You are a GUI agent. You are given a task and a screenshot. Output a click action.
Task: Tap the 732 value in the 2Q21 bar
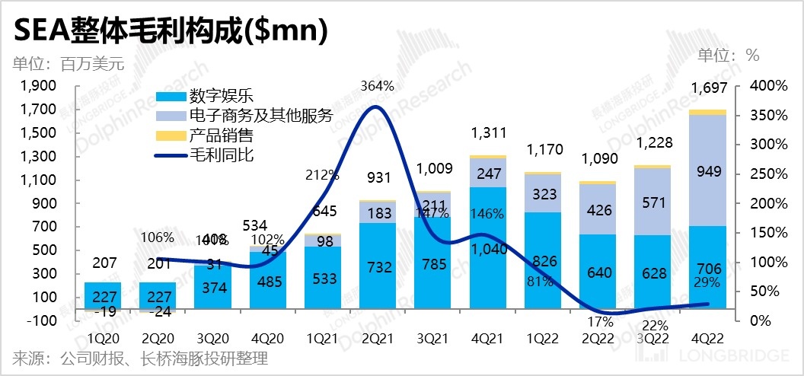click(378, 267)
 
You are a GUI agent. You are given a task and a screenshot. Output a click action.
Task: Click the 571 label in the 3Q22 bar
click(652, 202)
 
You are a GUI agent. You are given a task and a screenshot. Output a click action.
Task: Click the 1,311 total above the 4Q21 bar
click(488, 134)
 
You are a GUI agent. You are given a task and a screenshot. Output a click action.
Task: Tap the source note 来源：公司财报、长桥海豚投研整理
click(140, 358)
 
